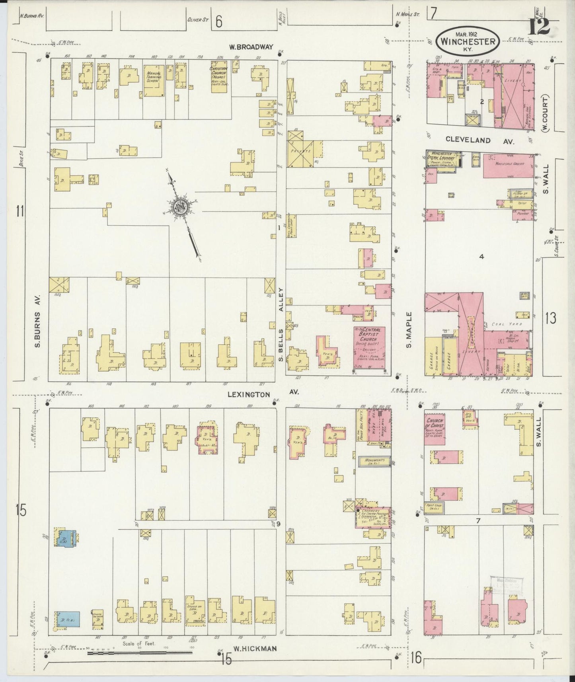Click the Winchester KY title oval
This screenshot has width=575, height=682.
pyautogui.click(x=468, y=41)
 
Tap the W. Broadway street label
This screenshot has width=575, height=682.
pyautogui.click(x=251, y=47)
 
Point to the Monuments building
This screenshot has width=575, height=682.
pyautogui.click(x=373, y=461)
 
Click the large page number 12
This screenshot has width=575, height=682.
pyautogui.click(x=539, y=27)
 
